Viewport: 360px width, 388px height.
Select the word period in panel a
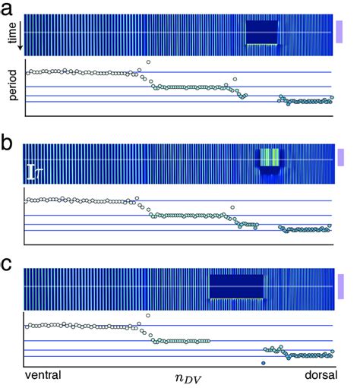(x=12, y=87)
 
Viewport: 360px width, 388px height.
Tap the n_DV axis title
(x=179, y=376)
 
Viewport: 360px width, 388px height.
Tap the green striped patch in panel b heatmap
(x=270, y=157)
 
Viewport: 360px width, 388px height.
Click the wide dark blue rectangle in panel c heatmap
(x=236, y=286)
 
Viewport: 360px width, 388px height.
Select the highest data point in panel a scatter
(x=148, y=62)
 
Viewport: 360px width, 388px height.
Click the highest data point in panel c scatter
(x=148, y=315)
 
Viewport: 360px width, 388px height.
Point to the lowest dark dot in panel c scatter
(x=263, y=364)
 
